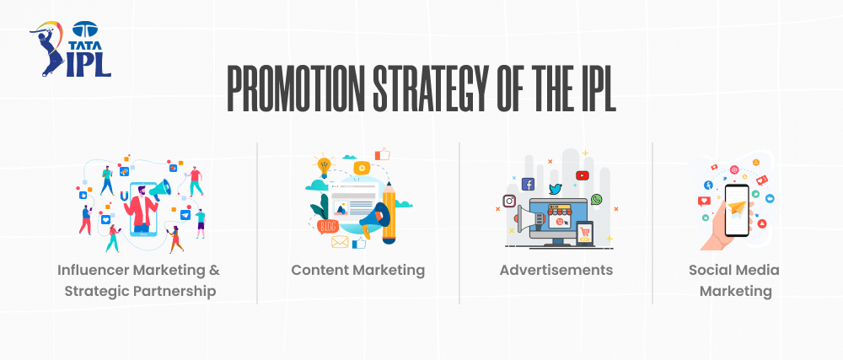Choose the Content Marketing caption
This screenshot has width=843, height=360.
[x=358, y=271]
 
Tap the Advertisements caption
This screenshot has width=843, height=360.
[x=556, y=271]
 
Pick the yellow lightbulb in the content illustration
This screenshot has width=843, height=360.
[x=323, y=164]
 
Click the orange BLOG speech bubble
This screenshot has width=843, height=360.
[x=328, y=224]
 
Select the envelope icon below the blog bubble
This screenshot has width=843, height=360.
[x=340, y=242]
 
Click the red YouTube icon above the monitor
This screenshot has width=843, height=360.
[x=582, y=175]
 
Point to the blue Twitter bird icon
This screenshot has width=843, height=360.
[x=555, y=189]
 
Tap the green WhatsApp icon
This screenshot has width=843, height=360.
[x=597, y=200]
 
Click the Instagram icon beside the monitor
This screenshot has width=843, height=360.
[x=509, y=201]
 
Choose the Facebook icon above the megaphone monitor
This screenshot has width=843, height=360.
[x=529, y=184]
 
